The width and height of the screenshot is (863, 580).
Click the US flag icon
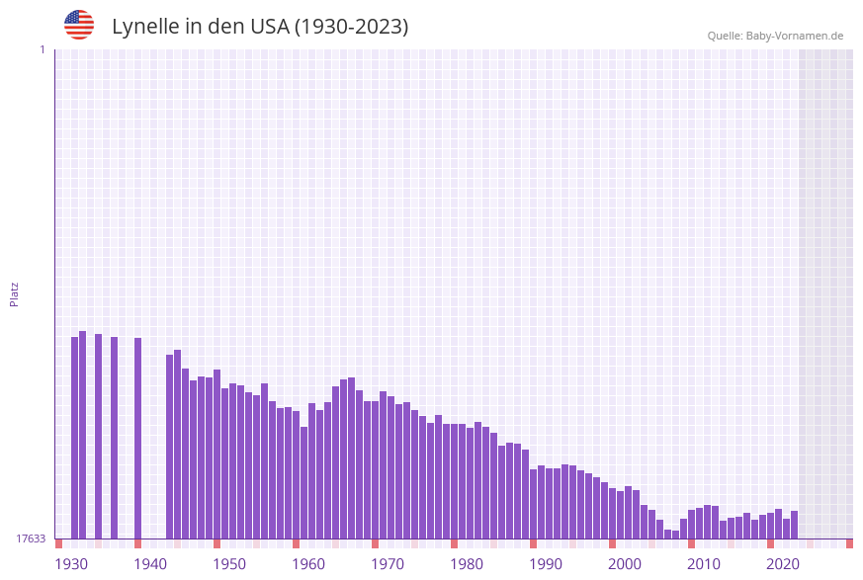[x=79, y=25]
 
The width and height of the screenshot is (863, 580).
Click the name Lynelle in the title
[x=145, y=27]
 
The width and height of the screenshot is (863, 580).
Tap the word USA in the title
[x=269, y=27]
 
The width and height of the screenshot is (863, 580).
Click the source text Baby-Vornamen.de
[x=795, y=37]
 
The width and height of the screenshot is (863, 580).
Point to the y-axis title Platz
[x=15, y=293]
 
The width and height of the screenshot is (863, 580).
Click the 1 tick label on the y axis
[x=42, y=49]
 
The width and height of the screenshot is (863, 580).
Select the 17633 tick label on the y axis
[x=30, y=539]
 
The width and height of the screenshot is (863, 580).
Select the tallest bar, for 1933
[x=83, y=435]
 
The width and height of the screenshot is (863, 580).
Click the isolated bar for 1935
[x=99, y=436]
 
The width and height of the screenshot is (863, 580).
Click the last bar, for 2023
[x=795, y=525]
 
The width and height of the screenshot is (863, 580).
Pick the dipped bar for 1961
[x=304, y=482]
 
